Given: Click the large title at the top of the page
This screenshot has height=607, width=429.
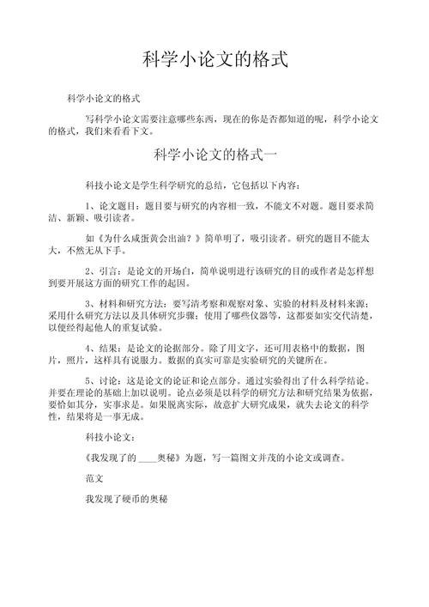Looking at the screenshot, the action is [214, 61].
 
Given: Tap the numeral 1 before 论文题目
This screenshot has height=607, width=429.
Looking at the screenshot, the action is [88, 206].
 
